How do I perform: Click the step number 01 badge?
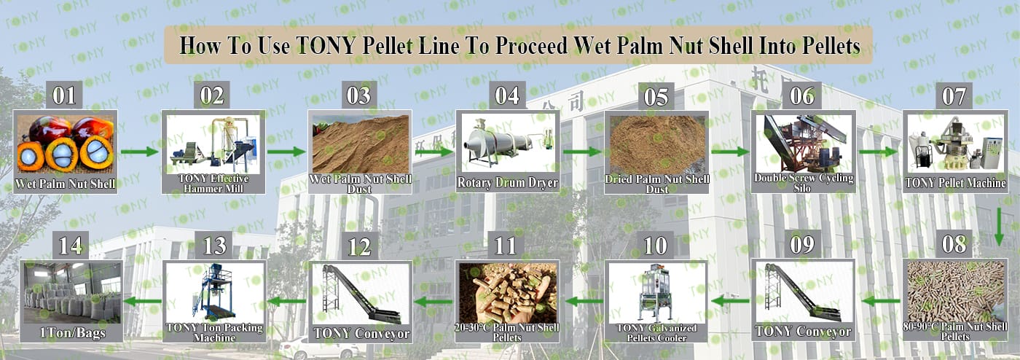[64, 95]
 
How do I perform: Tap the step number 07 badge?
[954, 95]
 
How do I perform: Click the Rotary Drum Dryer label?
[507, 183]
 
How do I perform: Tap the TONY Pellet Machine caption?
[955, 183]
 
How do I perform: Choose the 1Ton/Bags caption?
[72, 332]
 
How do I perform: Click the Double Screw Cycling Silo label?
[803, 183]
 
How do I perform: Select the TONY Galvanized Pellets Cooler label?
[656, 332]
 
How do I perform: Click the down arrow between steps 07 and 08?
[999, 227]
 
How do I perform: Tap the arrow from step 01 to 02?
[139, 152]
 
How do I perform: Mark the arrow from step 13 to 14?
[143, 301]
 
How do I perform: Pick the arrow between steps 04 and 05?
[582, 152]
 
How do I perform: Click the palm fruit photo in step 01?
[65, 144]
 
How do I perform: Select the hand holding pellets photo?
[507, 293]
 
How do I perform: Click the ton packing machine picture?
[214, 292]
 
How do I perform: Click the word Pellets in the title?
[831, 45]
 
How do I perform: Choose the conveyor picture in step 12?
[360, 294]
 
